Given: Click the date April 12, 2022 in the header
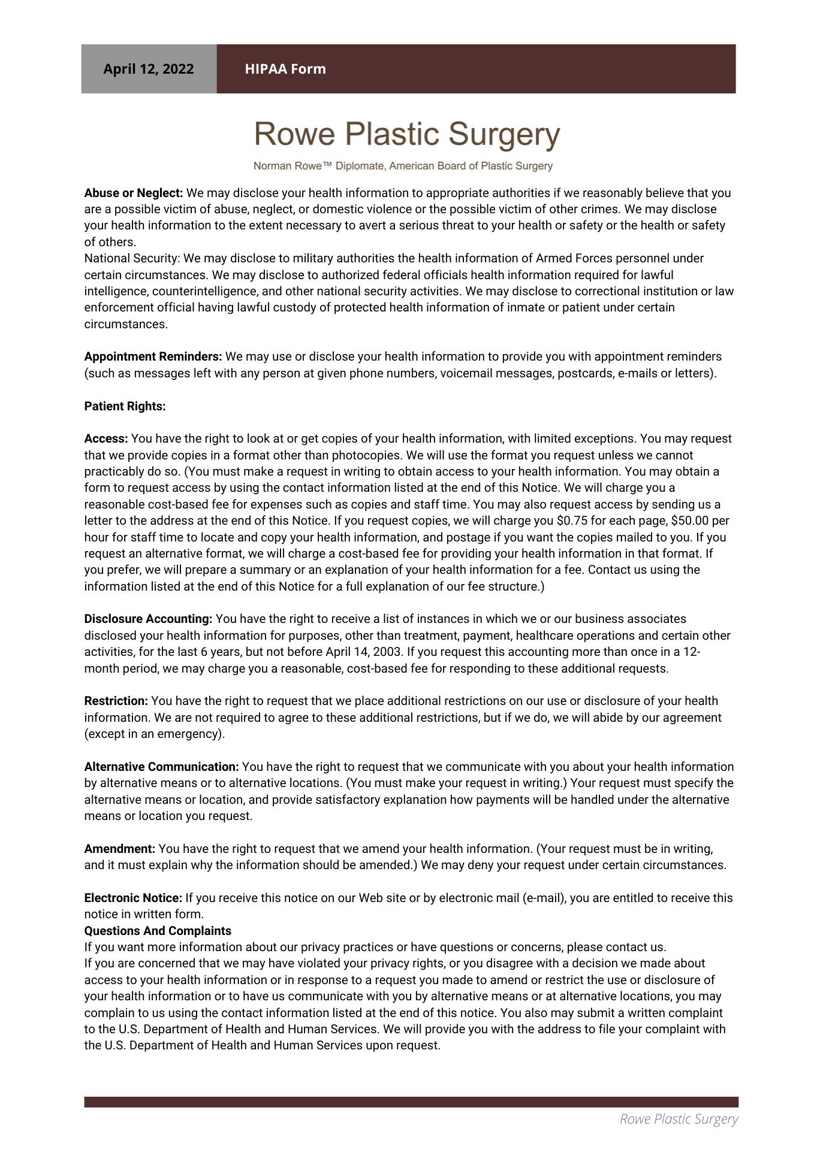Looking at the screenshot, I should click(x=149, y=69).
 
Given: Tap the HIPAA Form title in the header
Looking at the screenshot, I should click(x=285, y=69).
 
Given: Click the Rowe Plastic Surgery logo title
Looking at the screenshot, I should click(x=407, y=134).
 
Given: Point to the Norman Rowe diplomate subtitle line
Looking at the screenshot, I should click(x=403, y=166).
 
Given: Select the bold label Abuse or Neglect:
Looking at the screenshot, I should click(x=134, y=193).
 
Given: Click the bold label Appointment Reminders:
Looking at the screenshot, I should click(x=153, y=356).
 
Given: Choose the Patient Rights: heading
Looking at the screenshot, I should click(x=125, y=406).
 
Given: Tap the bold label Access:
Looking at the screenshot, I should click(x=106, y=438).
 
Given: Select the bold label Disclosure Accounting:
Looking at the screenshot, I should click(x=149, y=619).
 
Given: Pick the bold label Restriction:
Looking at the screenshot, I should click(x=116, y=701).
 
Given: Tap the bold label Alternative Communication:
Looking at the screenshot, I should click(x=162, y=767).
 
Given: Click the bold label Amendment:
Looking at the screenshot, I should click(x=120, y=849).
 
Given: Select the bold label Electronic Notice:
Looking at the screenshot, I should click(x=133, y=898).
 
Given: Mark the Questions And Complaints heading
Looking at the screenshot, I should click(x=158, y=931).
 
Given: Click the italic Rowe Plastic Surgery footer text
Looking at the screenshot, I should click(x=679, y=1119).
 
